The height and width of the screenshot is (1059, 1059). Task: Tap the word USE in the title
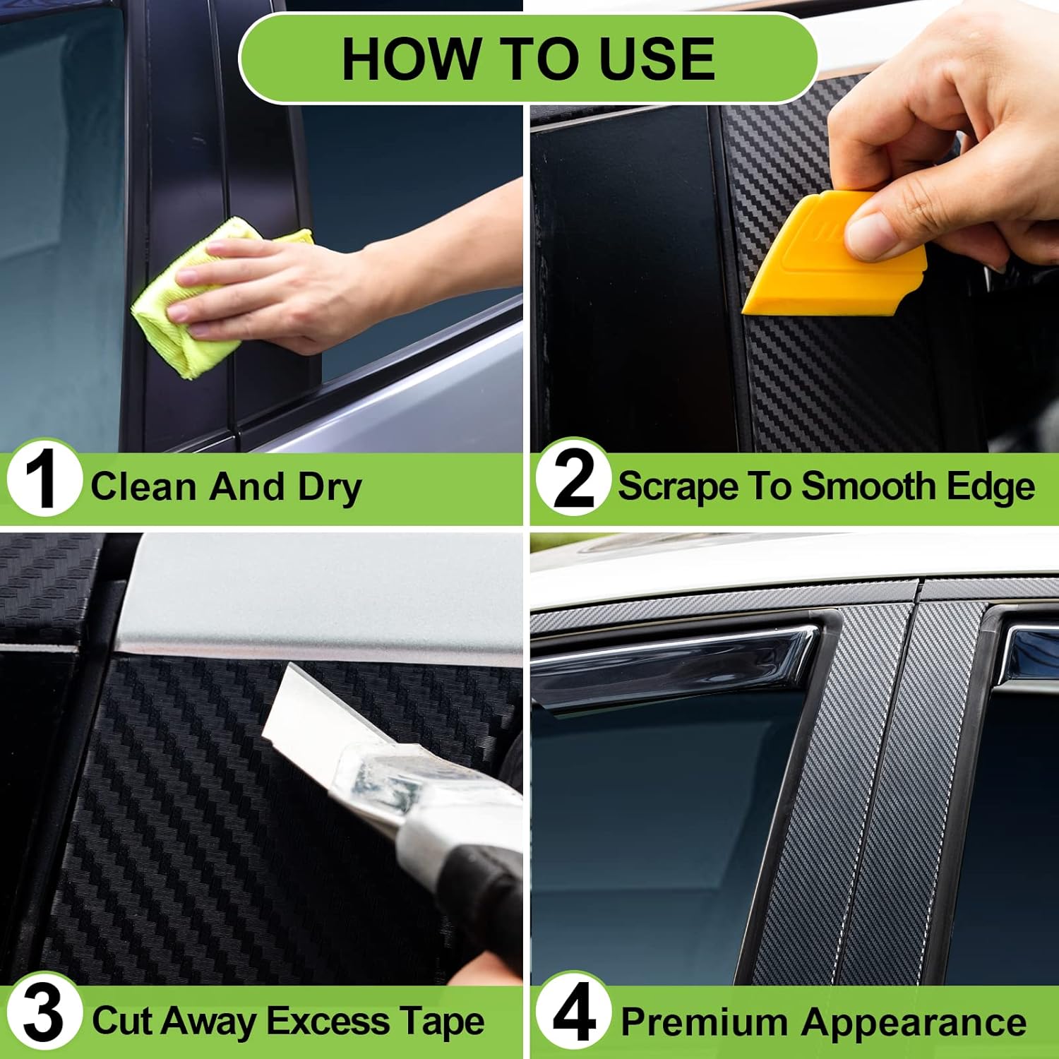pos(656,59)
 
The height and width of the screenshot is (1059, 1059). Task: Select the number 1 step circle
pos(44,480)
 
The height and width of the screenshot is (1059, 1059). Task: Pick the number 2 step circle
pos(573,479)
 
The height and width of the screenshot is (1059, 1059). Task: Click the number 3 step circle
pos(44,1014)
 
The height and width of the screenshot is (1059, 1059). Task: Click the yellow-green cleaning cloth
pos(205,300)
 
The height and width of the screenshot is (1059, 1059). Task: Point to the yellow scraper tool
pos(833,254)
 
